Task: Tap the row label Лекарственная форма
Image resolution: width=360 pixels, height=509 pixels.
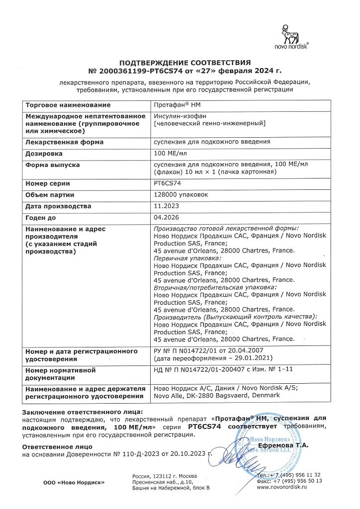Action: click(x=64, y=142)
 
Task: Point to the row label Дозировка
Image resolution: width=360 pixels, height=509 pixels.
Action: click(x=44, y=154)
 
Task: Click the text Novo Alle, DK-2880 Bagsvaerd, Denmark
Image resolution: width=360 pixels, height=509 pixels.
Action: click(x=217, y=396)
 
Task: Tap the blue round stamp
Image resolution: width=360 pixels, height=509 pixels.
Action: click(x=266, y=449)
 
